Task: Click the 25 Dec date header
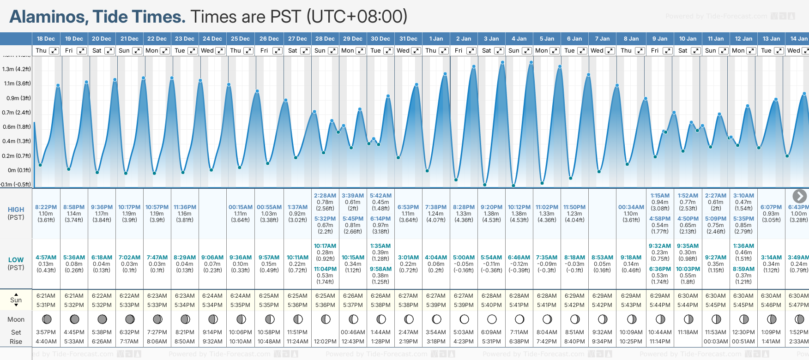(240, 39)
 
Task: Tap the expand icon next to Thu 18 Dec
(54, 51)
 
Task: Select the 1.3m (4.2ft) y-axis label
(16, 69)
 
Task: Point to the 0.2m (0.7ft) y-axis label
(16, 156)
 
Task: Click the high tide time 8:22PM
(46, 207)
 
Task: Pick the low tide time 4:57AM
(46, 258)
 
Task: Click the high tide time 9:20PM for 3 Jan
(491, 207)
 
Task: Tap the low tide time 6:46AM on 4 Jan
(519, 258)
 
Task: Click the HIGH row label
(16, 210)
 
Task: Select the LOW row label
(16, 260)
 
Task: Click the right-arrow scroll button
(799, 196)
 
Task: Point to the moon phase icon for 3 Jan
(492, 319)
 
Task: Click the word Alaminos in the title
(48, 17)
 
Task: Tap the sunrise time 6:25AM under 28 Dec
(325, 296)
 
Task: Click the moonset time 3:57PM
(46, 332)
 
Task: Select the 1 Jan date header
(436, 39)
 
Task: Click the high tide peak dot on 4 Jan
(531, 62)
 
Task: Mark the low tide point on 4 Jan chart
(513, 186)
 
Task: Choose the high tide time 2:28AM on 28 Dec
(325, 196)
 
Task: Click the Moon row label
(16, 319)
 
